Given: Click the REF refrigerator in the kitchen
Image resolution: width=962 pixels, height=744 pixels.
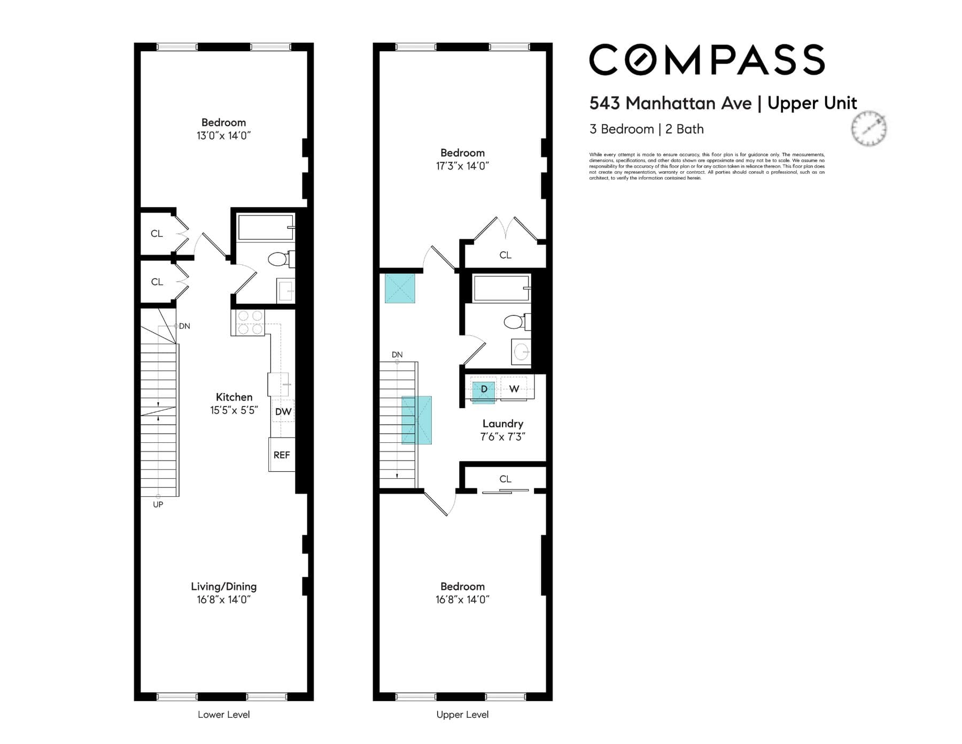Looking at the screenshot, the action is point(282,455).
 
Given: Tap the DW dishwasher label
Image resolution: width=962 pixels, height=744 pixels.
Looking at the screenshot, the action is point(283,411).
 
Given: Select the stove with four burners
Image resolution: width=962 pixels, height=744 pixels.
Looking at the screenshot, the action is point(248,323).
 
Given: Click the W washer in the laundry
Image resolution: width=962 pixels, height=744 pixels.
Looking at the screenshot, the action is point(514,389).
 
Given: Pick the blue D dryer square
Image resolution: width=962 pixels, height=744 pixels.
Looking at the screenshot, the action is point(484,389).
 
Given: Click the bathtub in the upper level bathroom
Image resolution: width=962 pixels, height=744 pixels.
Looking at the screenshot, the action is point(502,288).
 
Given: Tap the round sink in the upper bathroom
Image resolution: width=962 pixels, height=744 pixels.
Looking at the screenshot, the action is point(522,351).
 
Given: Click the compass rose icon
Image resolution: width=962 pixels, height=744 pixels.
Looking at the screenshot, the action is point(869,129).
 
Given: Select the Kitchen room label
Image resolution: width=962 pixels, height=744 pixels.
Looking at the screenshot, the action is point(234,397).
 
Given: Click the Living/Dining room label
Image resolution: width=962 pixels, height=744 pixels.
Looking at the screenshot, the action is point(224,586).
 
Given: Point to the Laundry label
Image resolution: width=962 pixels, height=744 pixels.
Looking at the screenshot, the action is point(503,424).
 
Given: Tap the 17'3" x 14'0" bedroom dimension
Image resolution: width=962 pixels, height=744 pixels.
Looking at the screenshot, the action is point(463,166).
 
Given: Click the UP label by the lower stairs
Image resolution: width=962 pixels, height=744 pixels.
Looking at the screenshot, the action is point(158,504).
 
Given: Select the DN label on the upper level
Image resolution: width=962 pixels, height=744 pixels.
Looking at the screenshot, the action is point(397,355).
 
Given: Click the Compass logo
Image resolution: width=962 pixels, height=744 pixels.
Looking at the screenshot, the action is point(707,59).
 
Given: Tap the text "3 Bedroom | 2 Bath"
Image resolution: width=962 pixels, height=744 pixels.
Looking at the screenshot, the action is point(647,129).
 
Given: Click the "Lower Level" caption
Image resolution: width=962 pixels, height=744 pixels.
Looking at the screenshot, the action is point(224,715).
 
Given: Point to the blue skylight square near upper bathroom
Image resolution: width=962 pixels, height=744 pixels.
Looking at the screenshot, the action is point(400,288).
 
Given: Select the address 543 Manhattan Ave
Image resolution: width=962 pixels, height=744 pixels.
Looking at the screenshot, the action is point(671,103).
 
